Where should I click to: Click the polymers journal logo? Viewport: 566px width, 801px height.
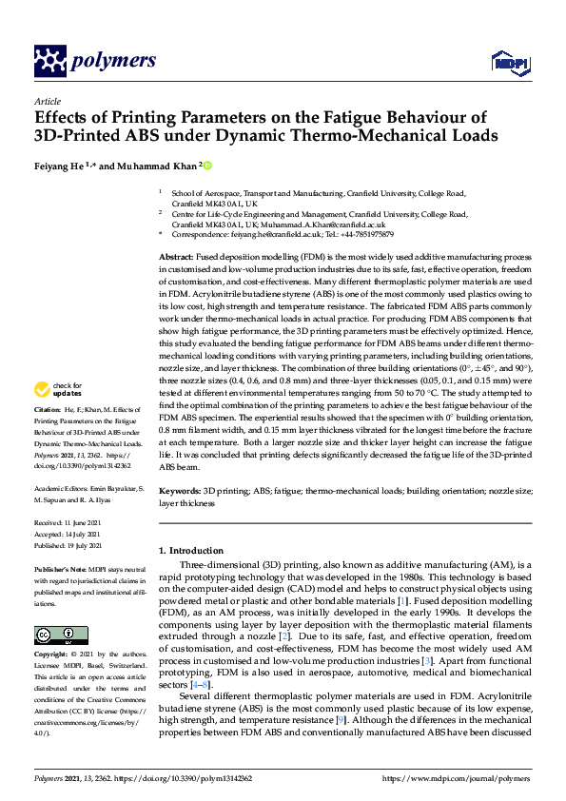coord(94,60)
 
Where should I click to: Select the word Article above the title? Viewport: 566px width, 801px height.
coord(47,101)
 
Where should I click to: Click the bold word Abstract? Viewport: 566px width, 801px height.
coord(174,258)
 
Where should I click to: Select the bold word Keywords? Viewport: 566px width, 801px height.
coord(179,490)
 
